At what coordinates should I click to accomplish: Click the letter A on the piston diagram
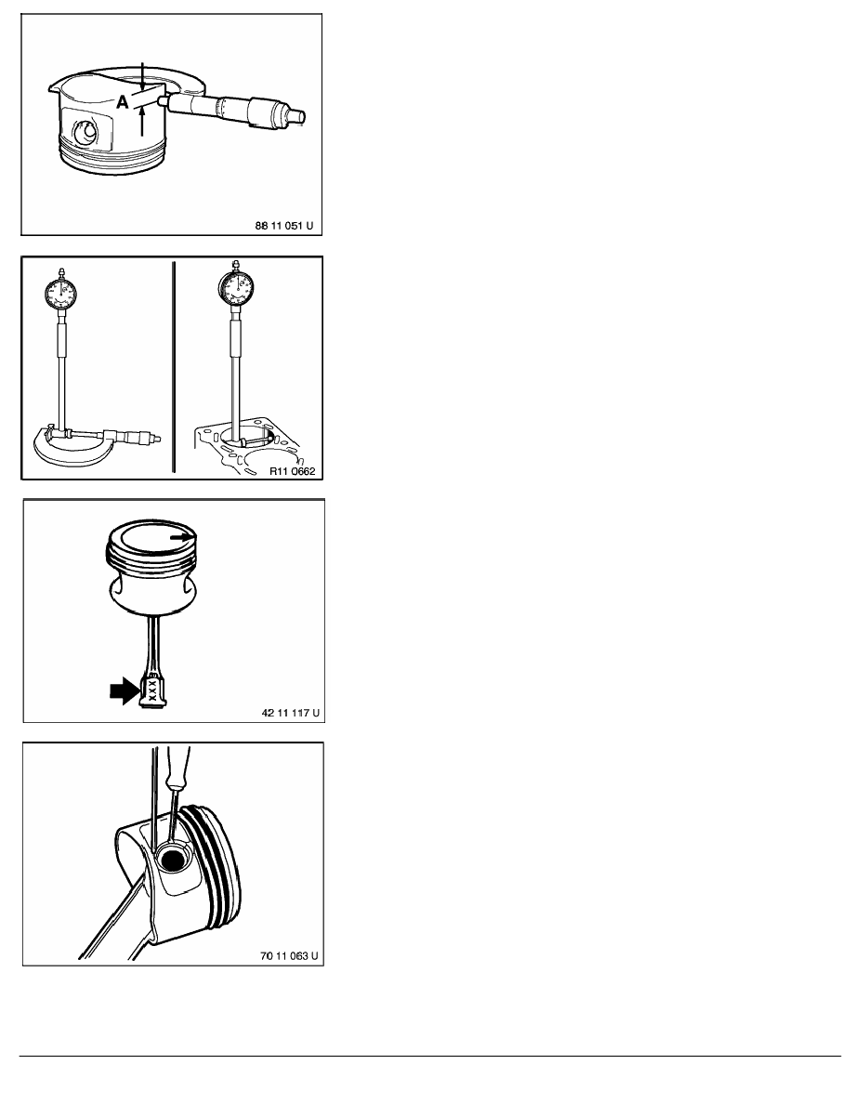coord(123,103)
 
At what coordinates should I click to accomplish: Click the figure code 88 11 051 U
coord(283,226)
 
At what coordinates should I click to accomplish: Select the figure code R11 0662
coord(292,471)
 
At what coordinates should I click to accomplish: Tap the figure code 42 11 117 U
coord(290,713)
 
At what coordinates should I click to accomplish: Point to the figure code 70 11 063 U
coord(289,955)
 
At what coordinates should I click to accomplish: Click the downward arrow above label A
coord(142,75)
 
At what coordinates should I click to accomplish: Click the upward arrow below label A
coord(142,122)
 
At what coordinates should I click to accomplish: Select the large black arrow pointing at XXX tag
coord(125,690)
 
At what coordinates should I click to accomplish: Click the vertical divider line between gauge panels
coord(173,367)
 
